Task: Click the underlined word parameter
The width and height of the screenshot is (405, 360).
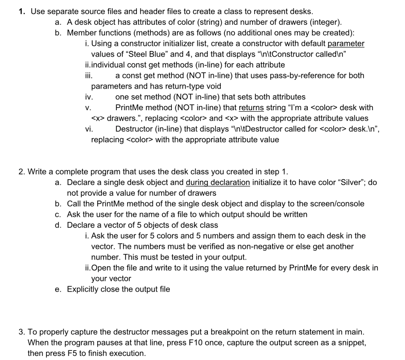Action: pos(346,44)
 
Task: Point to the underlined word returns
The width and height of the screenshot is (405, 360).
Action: pos(251,108)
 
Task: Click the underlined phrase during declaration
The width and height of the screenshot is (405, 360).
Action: pos(218,182)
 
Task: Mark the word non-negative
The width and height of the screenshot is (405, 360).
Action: pos(246,246)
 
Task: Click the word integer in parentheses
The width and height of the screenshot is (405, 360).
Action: pos(326,22)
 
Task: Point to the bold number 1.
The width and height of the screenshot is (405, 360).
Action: pos(21,11)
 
